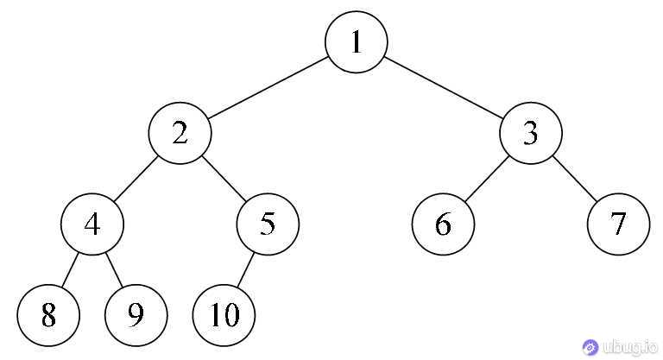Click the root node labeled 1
[x=356, y=42]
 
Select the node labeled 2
[x=180, y=133]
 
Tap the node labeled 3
[x=531, y=133]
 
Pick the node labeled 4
[x=92, y=224]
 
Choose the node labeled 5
[x=268, y=224]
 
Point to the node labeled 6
[x=443, y=224]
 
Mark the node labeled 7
[x=619, y=224]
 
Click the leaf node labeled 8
[x=48, y=315]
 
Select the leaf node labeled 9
[x=136, y=315]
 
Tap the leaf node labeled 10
[x=224, y=315]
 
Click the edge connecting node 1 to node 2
[x=268, y=87]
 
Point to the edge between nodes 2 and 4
[x=136, y=179]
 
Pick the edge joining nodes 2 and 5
[x=224, y=179]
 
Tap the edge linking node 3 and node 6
[x=487, y=179]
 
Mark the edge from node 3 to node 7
[x=575, y=179]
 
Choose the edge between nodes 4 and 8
[x=71, y=269]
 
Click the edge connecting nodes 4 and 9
[x=114, y=269]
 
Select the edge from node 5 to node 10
[x=246, y=269]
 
